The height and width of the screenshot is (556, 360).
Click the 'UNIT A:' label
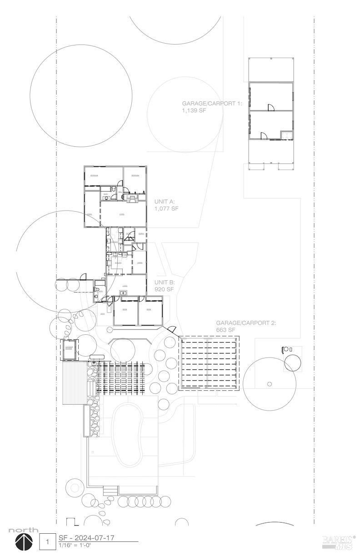coord(165,201)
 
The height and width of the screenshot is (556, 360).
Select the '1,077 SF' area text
coord(166,208)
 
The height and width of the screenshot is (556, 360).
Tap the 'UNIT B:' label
coord(165,282)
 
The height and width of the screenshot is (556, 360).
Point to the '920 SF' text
coord(164,289)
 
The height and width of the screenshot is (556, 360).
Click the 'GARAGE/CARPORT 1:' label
coord(212,103)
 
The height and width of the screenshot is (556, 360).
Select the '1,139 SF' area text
coord(194,110)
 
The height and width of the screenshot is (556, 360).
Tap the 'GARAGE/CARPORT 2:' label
coord(246,323)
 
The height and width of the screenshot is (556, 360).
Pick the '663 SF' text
coord(225,330)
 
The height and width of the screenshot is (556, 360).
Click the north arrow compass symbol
coord(24,542)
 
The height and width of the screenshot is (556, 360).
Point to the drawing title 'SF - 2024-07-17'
coord(86,538)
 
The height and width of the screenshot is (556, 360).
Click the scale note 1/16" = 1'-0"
coord(75,545)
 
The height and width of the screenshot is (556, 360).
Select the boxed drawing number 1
coord(47,542)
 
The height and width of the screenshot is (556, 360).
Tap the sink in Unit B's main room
coord(123,293)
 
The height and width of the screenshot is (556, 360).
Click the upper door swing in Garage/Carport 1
coord(271,107)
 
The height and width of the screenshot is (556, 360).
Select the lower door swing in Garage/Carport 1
coord(264,135)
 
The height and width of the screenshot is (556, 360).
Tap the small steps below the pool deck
coord(110,491)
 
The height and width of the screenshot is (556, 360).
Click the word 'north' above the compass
coord(24,530)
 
